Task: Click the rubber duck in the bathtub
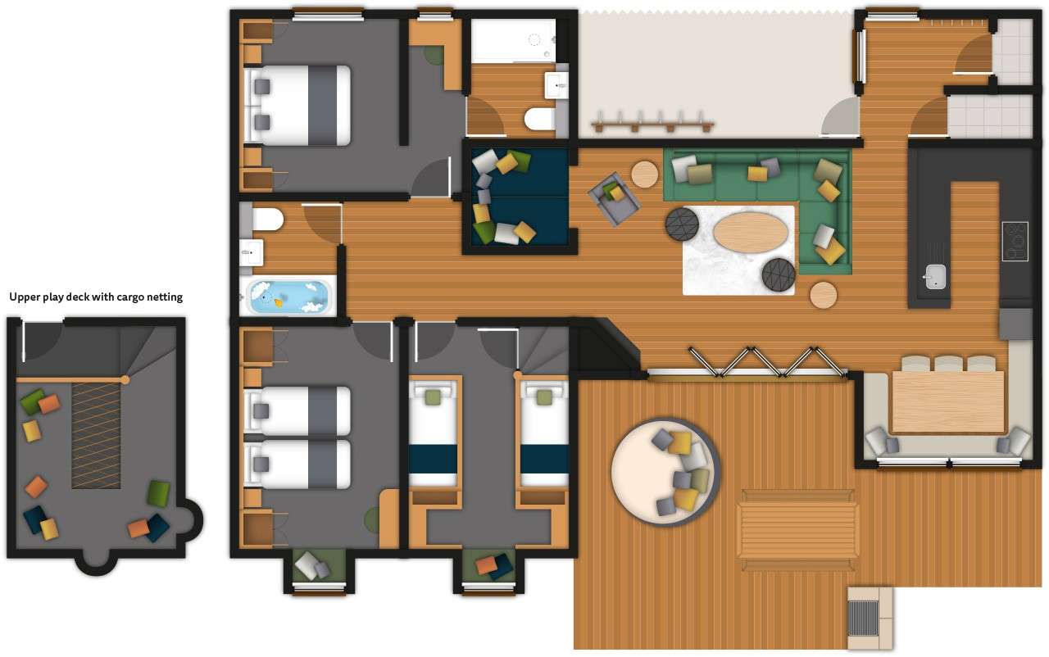[279, 302]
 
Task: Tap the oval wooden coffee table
[751, 232]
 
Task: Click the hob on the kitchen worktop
[1015, 241]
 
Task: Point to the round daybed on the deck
[665, 472]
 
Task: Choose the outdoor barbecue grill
[862, 617]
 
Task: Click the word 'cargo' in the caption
[125, 297]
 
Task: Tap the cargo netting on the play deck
[96, 434]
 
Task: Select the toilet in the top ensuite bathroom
[539, 120]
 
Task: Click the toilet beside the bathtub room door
[267, 219]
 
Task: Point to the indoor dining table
[947, 401]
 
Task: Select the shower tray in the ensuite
[512, 41]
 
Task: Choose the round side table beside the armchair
[644, 174]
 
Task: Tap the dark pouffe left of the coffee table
[682, 224]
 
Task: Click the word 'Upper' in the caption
[25, 297]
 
